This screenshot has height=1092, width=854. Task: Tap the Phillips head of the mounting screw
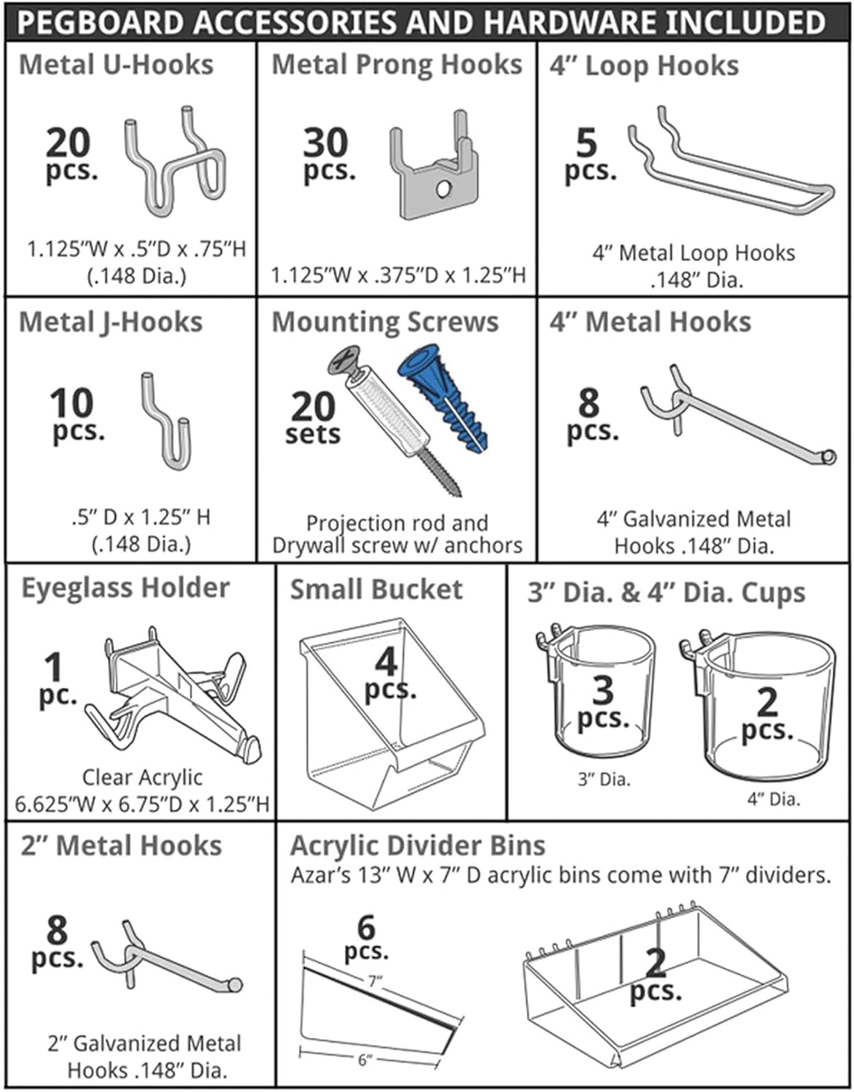coord(344,360)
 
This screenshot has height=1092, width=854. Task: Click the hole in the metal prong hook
coord(442,189)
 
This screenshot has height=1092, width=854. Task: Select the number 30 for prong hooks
coord(325,143)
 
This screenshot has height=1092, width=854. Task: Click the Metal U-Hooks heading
coord(116,65)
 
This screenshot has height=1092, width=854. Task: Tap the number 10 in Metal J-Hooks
coord(72,403)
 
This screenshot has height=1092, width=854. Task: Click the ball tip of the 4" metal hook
coord(828,457)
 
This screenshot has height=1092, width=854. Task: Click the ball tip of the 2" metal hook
coord(235,986)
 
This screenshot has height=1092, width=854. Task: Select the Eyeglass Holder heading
coord(125,588)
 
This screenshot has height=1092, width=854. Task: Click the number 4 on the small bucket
coord(386,662)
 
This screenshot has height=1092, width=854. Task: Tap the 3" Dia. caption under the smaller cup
coord(604,779)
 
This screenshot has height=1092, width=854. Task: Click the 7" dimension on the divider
coord(375,982)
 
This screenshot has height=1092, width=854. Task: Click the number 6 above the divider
coord(366,928)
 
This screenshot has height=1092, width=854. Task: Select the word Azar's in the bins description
coord(319,875)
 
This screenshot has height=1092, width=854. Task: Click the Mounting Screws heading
coord(385,322)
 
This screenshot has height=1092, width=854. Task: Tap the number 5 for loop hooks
coord(586,143)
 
